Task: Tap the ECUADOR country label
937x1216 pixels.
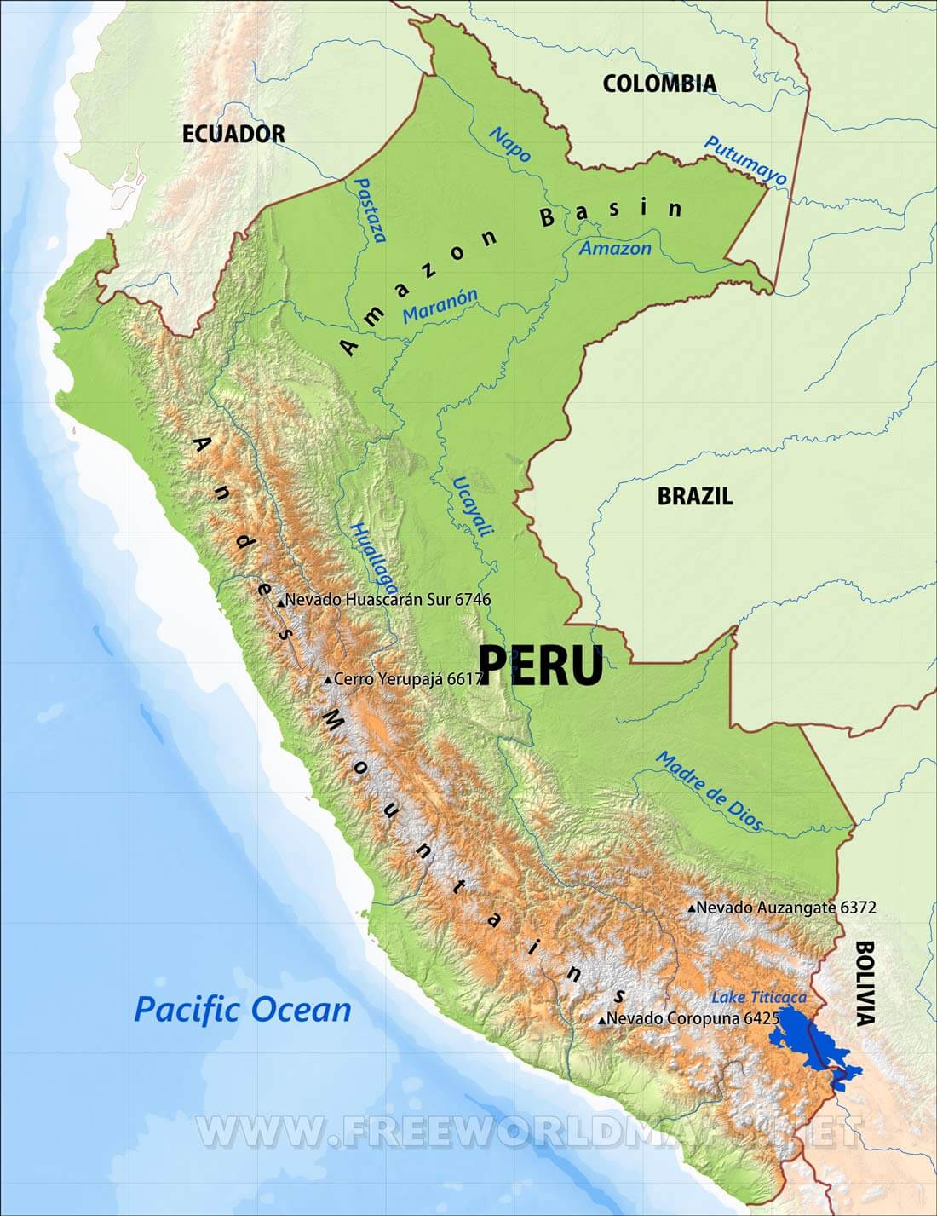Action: pos(233,134)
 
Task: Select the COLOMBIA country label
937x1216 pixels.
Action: pos(659,84)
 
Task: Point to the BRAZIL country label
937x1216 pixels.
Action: pos(694,497)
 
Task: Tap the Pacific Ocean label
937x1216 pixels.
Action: pos(243,1010)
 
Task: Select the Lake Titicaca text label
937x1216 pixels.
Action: pos(758,997)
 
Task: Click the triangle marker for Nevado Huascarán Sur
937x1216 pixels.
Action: pos(280,602)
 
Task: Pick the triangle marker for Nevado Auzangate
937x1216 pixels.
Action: pos(692,909)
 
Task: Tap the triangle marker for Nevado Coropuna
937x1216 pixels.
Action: pos(602,1020)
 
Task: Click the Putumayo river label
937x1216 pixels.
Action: pos(745,160)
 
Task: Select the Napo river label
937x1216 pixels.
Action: pos(510,145)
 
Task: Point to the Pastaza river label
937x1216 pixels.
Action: pos(370,210)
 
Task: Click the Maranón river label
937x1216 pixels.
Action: pos(440,305)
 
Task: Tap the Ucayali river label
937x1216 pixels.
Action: pos(473,506)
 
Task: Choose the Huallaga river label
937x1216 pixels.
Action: pos(374,557)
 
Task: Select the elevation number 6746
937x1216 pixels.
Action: pos(473,600)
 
